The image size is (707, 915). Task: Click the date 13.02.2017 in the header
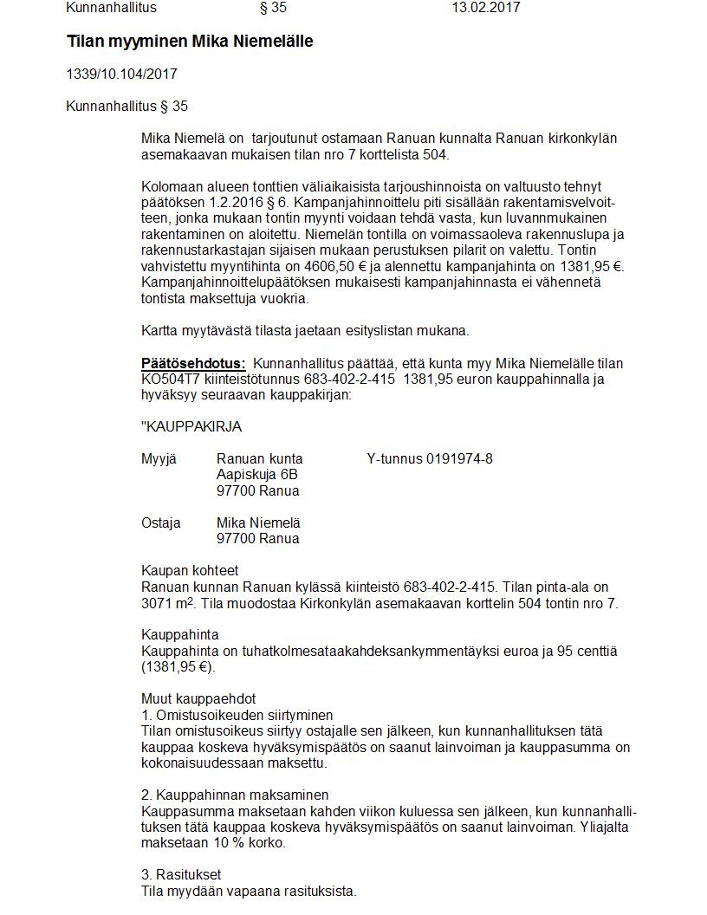(x=485, y=8)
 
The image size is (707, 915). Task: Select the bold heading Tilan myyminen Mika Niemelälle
(x=190, y=42)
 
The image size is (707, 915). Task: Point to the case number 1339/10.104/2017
(x=121, y=75)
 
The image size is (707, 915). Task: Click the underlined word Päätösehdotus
(x=193, y=363)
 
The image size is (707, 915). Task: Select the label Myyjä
(x=159, y=458)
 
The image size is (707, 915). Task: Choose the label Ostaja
(x=161, y=523)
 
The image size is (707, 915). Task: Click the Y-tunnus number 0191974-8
(x=459, y=458)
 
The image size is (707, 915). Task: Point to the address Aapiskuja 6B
(x=257, y=475)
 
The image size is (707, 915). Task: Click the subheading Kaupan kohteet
(x=190, y=570)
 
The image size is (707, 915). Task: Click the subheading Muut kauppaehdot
(x=198, y=698)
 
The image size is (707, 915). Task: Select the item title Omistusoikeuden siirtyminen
(x=244, y=715)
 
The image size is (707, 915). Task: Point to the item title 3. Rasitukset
(x=181, y=875)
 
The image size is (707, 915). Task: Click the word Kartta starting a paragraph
(x=159, y=330)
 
